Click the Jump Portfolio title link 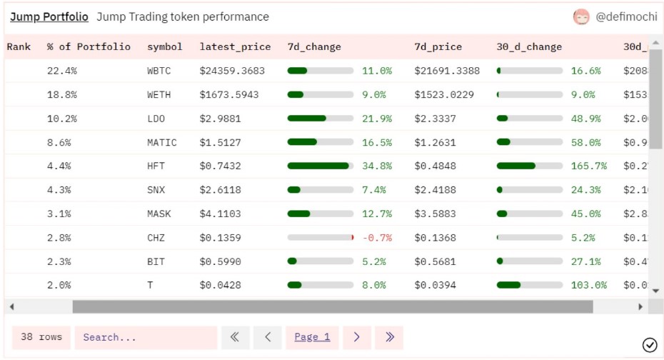(49, 16)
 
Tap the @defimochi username (625, 17)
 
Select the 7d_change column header (314, 46)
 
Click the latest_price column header (235, 46)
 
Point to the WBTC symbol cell (159, 71)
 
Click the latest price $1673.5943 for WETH (229, 94)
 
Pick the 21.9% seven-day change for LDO (377, 119)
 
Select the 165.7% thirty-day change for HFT (589, 166)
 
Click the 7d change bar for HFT (320, 166)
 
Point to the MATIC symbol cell (162, 142)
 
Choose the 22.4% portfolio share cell (62, 71)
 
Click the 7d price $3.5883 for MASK (435, 214)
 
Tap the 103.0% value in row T (589, 285)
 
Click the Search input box (146, 337)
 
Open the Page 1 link (312, 337)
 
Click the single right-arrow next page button (357, 337)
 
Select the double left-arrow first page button (235, 337)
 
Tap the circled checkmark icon (650, 345)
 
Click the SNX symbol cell (156, 190)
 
